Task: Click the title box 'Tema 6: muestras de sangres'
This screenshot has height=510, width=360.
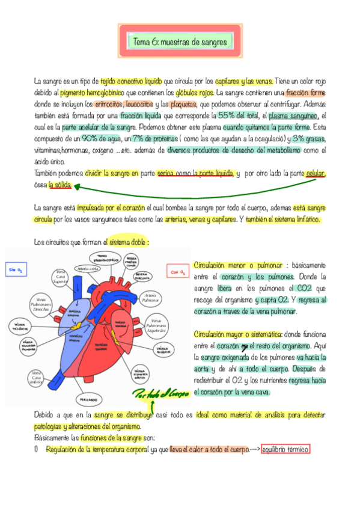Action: [x=180, y=42]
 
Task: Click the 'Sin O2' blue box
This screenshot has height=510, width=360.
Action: [x=16, y=271]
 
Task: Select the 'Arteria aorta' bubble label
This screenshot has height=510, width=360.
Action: [x=89, y=269]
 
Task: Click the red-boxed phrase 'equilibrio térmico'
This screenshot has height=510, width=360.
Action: [x=285, y=449]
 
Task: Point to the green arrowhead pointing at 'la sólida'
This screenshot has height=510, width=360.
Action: [x=78, y=187]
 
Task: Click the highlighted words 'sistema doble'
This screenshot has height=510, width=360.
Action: [x=129, y=242]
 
